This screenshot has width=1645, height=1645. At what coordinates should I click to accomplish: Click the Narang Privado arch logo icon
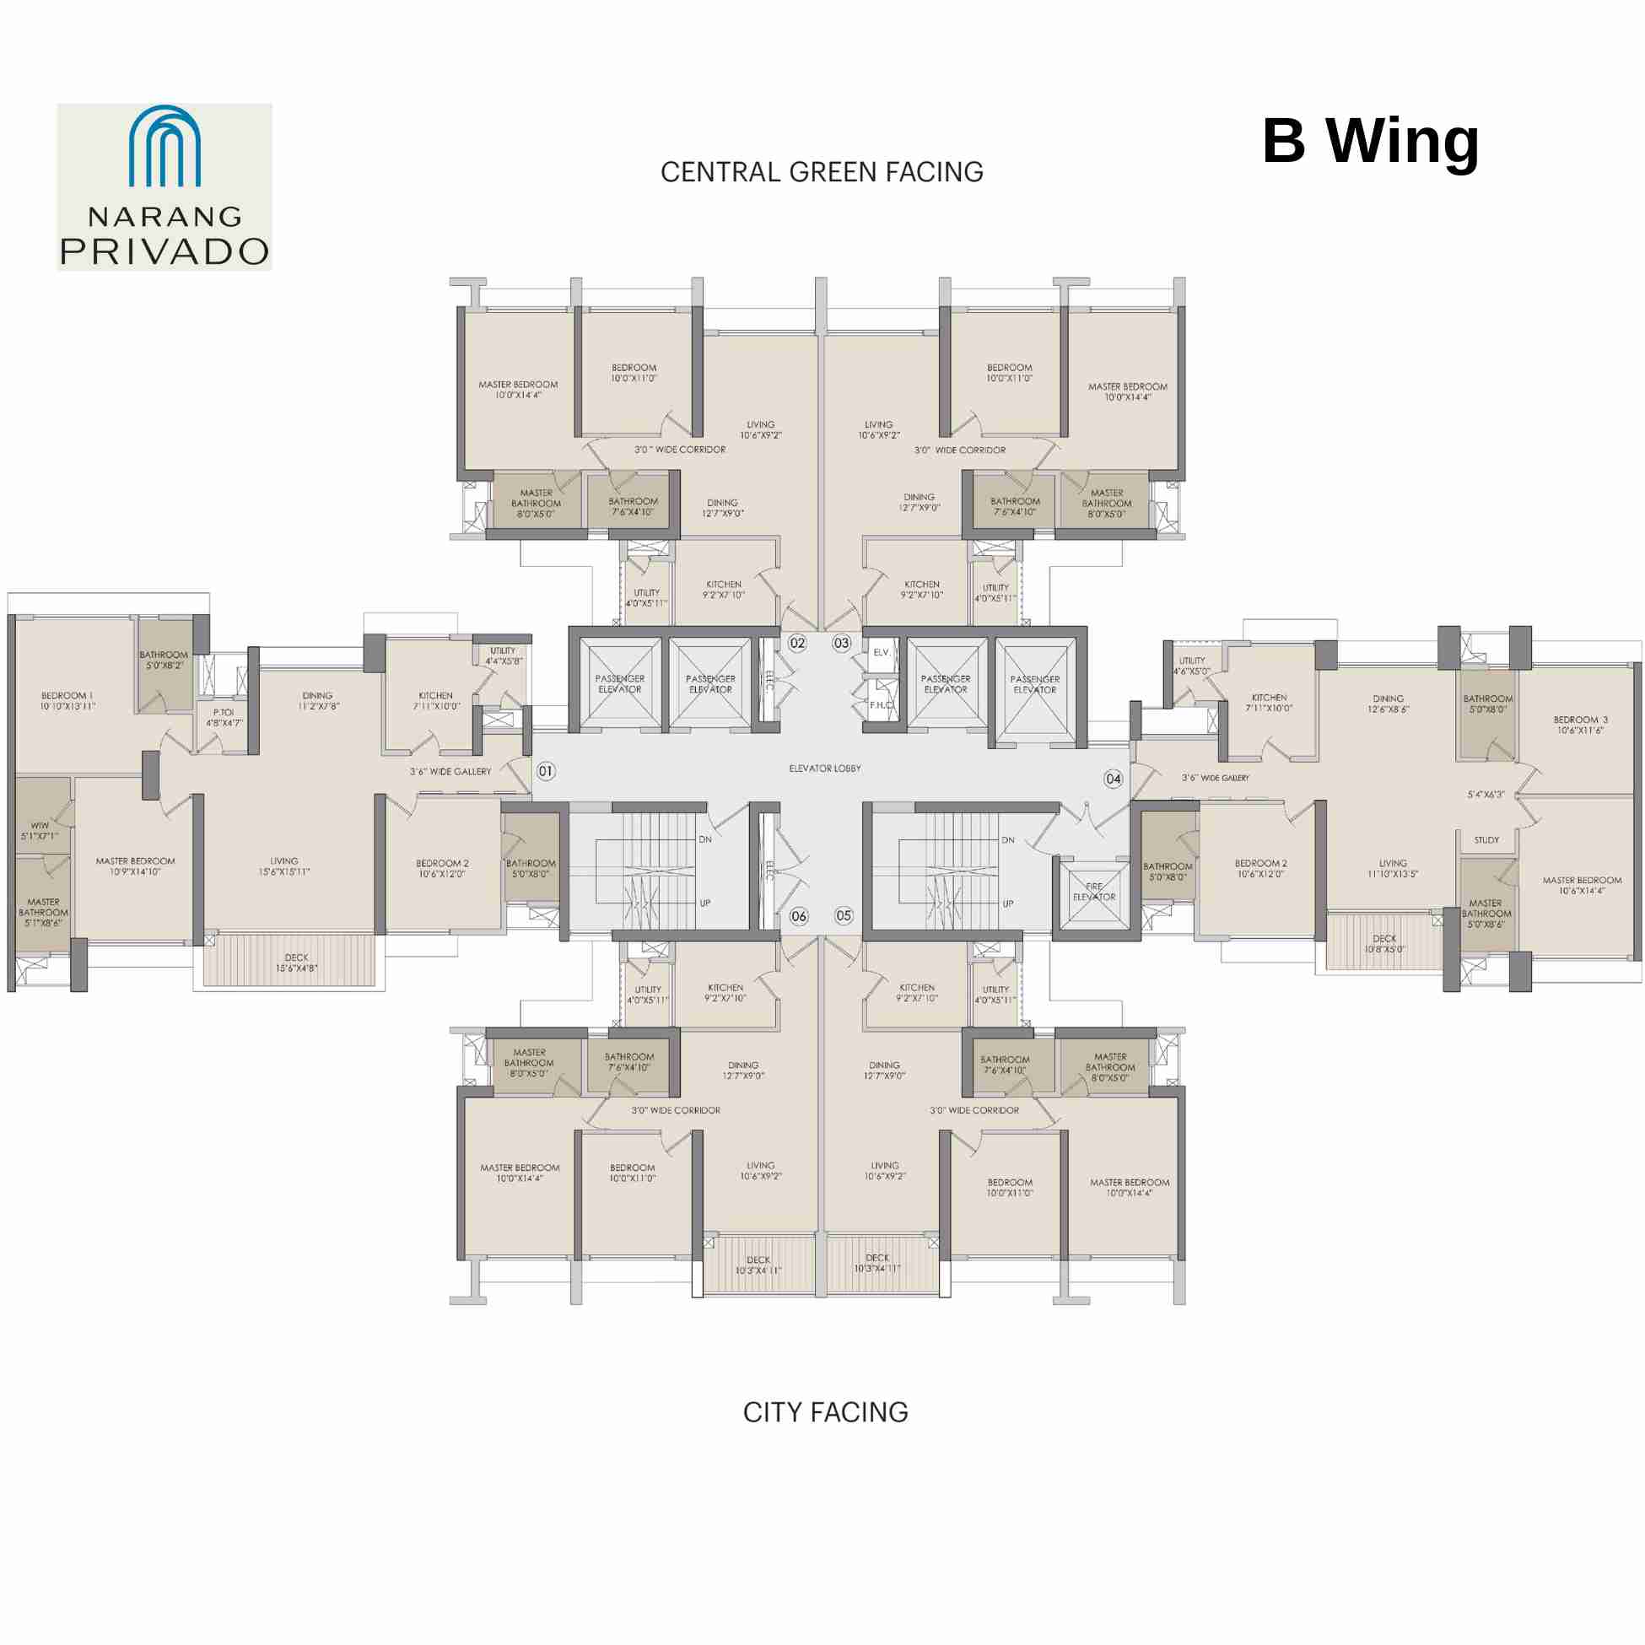(x=164, y=146)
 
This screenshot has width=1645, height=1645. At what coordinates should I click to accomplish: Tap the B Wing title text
(x=1370, y=141)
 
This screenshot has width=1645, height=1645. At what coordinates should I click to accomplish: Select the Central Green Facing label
(x=822, y=172)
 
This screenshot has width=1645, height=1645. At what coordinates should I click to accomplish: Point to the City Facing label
(x=825, y=1412)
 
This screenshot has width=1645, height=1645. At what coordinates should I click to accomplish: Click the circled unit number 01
(x=546, y=771)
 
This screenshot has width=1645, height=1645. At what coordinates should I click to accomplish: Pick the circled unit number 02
(x=797, y=643)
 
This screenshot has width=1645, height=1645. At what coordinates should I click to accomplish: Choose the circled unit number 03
(x=841, y=643)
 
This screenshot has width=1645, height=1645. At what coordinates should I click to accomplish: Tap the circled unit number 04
(x=1113, y=779)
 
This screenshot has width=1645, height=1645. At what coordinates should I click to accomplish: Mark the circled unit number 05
(x=843, y=915)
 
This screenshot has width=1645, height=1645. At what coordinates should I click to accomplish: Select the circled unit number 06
(x=799, y=916)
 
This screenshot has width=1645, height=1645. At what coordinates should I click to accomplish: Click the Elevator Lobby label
(x=824, y=769)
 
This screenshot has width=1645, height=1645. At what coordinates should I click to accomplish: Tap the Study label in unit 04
(x=1486, y=840)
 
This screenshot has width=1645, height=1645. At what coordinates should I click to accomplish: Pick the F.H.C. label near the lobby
(x=881, y=705)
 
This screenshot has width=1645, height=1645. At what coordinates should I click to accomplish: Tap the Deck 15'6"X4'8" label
(x=296, y=963)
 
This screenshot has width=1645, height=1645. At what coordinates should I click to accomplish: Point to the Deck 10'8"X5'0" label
(x=1383, y=944)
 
